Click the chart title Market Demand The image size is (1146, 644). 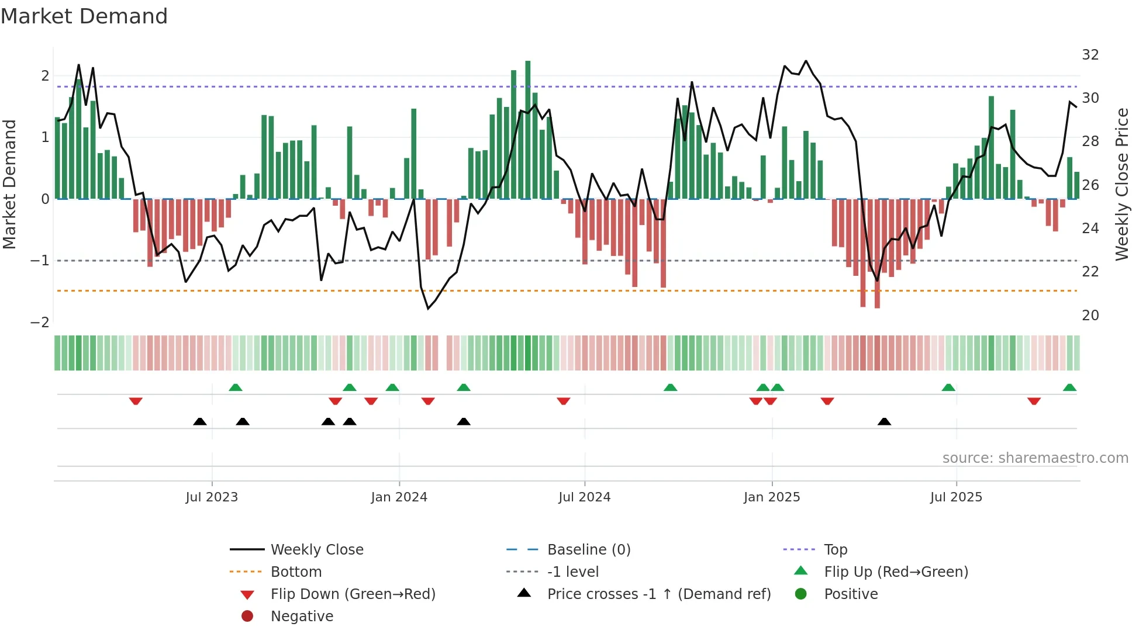pos(84,16)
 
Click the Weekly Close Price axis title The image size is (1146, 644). pos(1121,184)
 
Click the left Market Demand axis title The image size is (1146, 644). pos(10,184)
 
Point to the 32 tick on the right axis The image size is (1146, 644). pos(1090,55)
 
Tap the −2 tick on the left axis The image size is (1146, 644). pos(40,323)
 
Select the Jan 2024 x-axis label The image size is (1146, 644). pos(399,497)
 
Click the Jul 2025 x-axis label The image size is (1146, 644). pos(956,497)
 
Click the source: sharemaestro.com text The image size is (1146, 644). pos(1035,458)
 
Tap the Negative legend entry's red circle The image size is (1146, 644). pos(247,617)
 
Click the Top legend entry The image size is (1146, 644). pos(835,550)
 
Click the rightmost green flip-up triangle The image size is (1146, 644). pos(1069,388)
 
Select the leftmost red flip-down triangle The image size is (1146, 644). pos(136,401)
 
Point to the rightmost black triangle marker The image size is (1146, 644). pos(884,422)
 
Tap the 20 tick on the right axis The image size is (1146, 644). pos(1090,316)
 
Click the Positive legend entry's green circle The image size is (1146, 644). pos(801,594)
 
